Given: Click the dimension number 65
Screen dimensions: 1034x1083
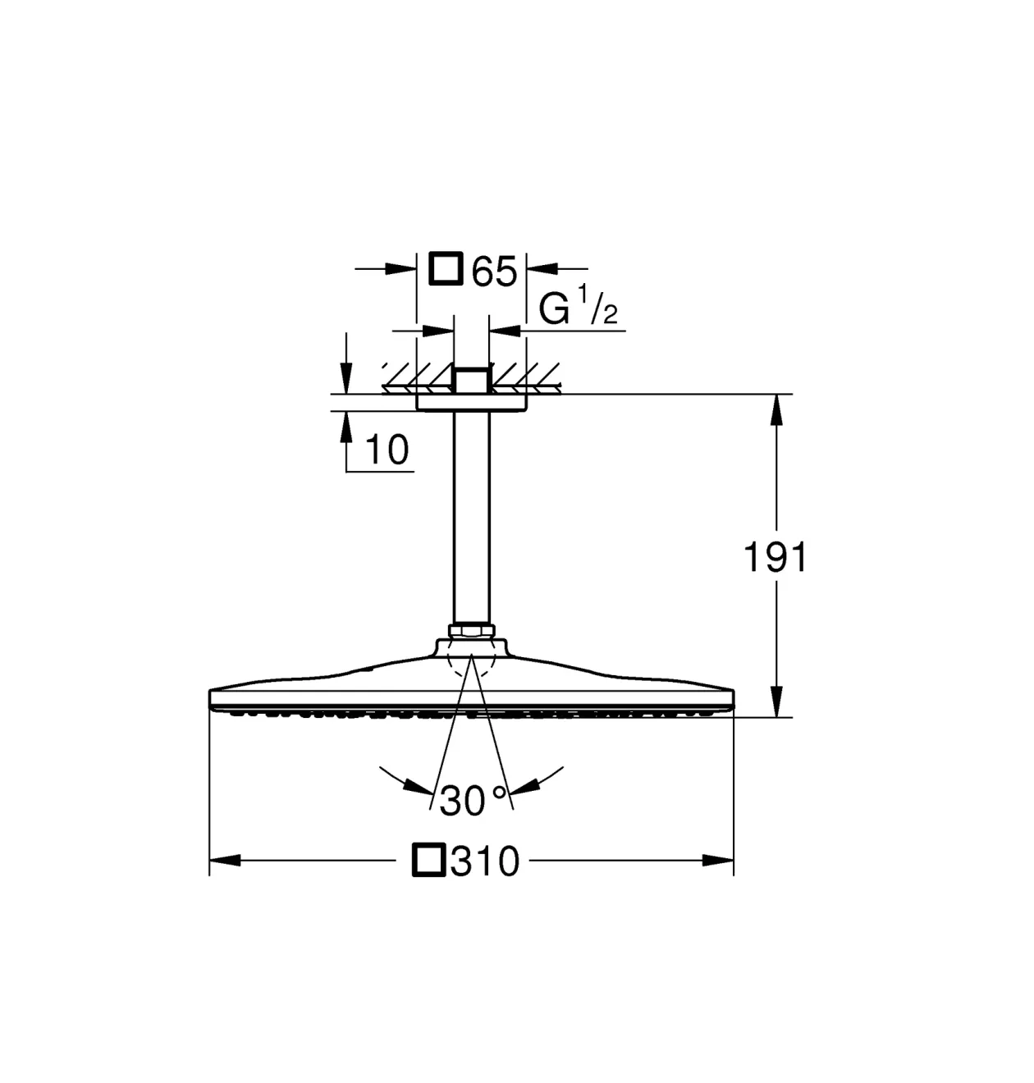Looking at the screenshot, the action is tap(495, 271).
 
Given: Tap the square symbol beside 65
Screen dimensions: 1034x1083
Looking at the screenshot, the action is tap(446, 268).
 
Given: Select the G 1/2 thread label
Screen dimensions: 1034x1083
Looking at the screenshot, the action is tap(578, 309).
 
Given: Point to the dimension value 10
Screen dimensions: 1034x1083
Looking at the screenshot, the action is tap(387, 450).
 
